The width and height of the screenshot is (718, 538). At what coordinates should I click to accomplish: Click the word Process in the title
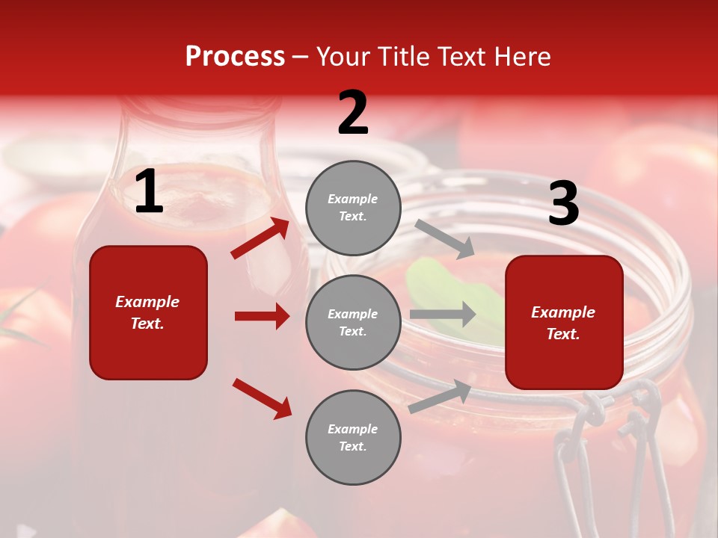[235, 57]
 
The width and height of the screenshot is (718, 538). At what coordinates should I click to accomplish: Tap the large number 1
[149, 192]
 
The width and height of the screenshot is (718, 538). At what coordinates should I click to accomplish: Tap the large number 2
[353, 113]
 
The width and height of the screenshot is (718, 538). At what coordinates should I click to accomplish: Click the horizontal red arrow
[262, 316]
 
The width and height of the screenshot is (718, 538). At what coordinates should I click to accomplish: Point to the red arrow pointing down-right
[262, 398]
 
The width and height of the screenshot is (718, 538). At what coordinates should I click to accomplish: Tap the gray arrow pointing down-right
[445, 239]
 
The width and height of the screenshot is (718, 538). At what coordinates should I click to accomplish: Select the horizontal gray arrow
[443, 315]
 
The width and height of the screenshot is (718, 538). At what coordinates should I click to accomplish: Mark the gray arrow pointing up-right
[440, 397]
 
